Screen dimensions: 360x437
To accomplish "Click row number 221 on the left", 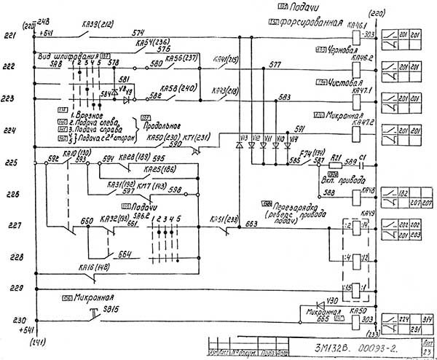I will coord(9,35).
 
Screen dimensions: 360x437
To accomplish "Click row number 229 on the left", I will coord(9,289).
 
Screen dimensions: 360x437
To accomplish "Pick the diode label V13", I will coord(243,137).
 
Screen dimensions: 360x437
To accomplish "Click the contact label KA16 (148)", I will coord(95,267).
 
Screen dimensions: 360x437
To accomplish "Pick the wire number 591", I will coord(299,128).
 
